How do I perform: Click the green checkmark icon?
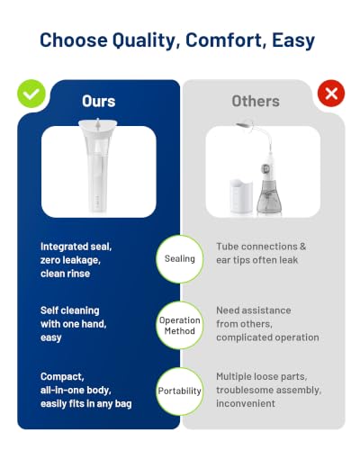pos(31,94)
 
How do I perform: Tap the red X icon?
pos(331,94)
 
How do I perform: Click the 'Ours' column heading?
pos(99,101)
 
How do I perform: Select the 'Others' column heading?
pos(256,101)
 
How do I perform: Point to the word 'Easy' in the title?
pos(293,40)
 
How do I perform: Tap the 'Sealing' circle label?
pos(180,259)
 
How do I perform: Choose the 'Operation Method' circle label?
pos(180,326)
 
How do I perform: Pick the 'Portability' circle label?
pos(180,391)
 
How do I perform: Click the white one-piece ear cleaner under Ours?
pos(98,166)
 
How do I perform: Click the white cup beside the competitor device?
pos(241,196)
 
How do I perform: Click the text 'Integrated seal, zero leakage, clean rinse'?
pos(76,260)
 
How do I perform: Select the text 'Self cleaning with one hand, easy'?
pos(74,324)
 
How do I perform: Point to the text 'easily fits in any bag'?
pos(86,404)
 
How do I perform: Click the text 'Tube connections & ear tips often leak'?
pos(261,254)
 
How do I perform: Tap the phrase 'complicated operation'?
pos(267,337)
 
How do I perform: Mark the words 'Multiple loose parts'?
pos(261,376)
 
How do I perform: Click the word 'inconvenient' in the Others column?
pos(246,403)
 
